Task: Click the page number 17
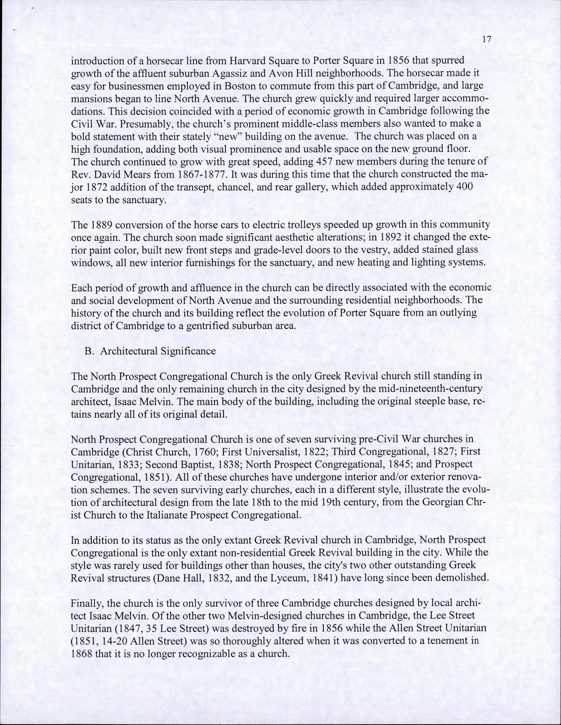pos(487,41)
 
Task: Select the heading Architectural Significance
pos(158,351)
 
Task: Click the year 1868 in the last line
pos(81,653)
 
